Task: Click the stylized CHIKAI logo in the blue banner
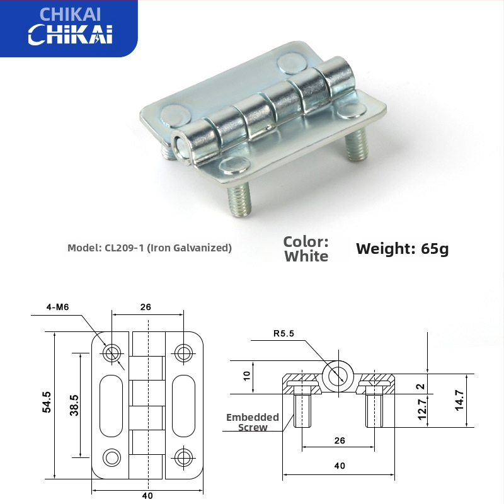click(69, 35)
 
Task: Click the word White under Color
click(306, 256)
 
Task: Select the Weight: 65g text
click(402, 249)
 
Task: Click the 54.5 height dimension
click(47, 403)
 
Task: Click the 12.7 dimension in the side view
click(422, 410)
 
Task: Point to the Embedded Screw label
click(253, 422)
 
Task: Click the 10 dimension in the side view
click(247, 377)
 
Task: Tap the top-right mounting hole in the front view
click(183, 352)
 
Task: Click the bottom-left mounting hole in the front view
click(113, 456)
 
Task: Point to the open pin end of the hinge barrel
click(181, 143)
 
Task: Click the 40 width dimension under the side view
click(340, 466)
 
